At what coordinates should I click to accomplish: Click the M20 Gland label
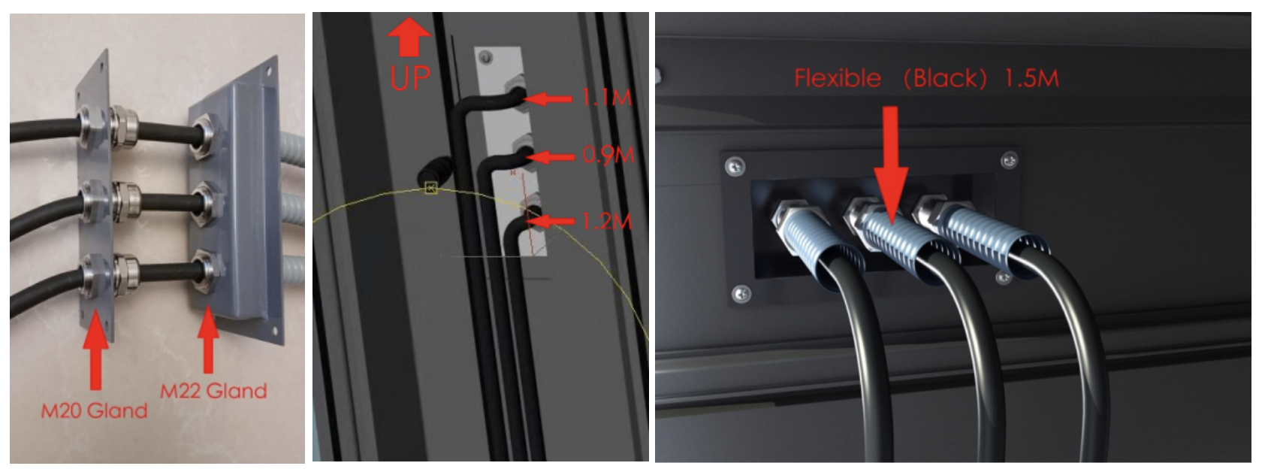(x=94, y=410)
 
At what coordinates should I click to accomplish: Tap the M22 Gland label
(x=213, y=391)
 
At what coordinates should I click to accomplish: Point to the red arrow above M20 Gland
(x=96, y=349)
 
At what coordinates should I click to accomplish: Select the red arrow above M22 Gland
(x=209, y=338)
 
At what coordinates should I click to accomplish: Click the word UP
(x=409, y=78)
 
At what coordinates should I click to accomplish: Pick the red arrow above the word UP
(x=409, y=38)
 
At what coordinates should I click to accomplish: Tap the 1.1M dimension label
(x=606, y=98)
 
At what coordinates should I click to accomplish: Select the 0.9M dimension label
(x=608, y=155)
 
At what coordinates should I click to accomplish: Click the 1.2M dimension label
(x=606, y=221)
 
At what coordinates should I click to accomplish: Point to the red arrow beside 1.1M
(x=548, y=100)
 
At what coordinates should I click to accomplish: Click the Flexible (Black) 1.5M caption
(x=927, y=78)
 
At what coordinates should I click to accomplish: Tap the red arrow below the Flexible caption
(x=890, y=165)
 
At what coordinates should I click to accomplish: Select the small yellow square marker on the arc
(x=431, y=188)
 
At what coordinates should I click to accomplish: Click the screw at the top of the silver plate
(x=485, y=57)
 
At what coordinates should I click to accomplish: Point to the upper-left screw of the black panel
(x=735, y=166)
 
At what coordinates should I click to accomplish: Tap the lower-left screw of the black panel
(x=741, y=293)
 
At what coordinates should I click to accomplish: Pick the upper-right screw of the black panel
(x=1009, y=161)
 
